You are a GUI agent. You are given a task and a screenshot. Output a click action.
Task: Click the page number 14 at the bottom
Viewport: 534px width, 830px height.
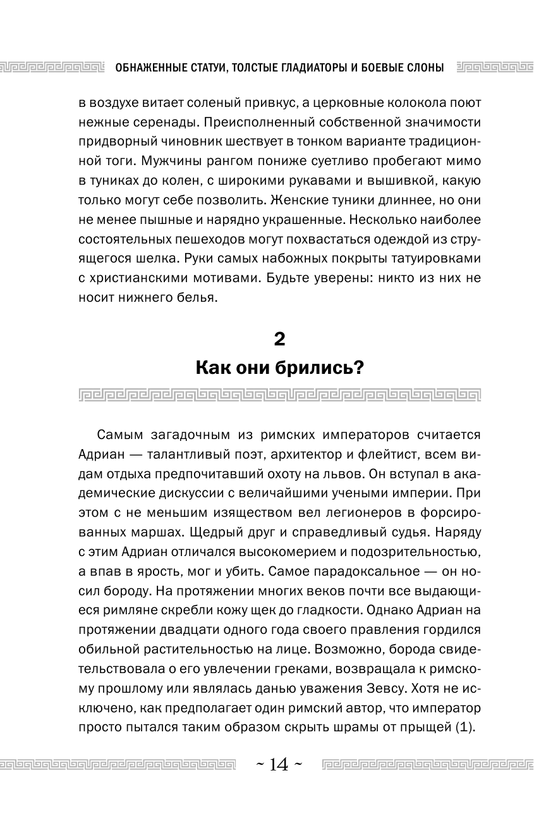coord(278,765)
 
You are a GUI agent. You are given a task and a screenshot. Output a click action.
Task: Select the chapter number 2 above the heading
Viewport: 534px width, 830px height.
coord(279,340)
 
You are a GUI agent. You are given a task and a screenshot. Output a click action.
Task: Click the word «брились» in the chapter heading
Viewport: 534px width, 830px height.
coord(314,368)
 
